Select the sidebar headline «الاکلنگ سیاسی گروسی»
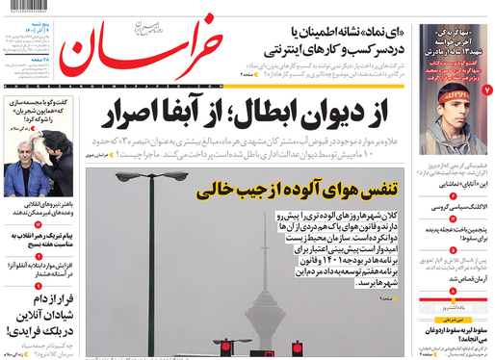pyautogui.click(x=454, y=207)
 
